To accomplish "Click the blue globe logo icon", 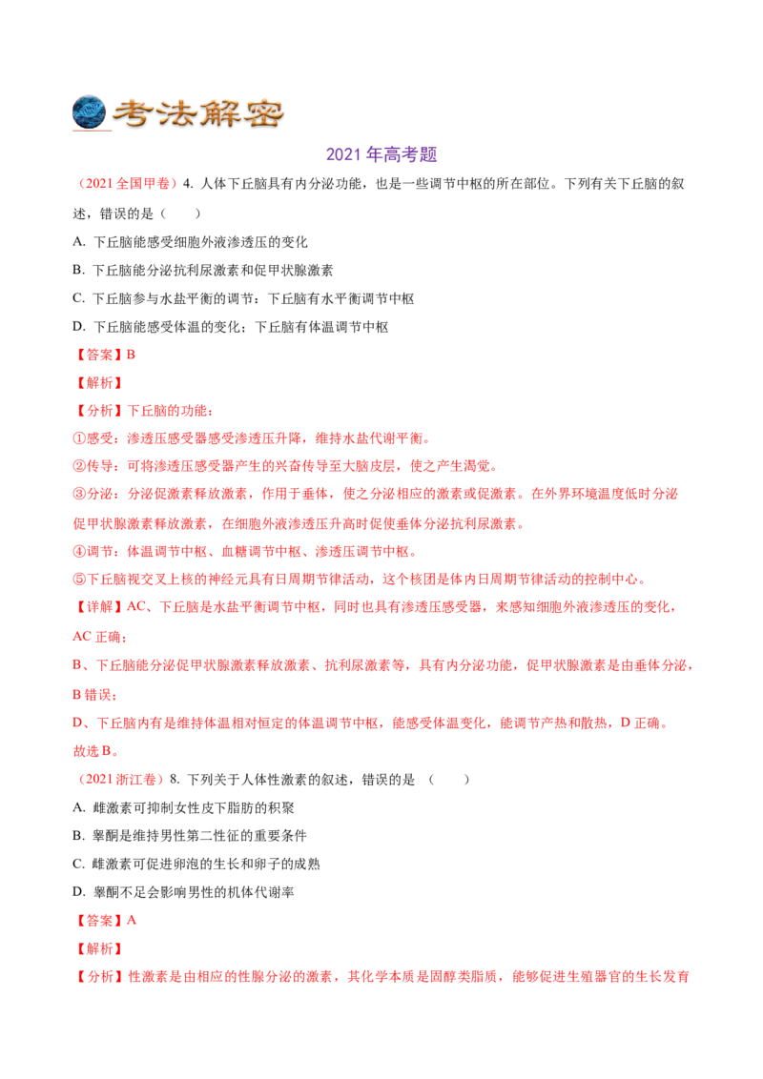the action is (89, 112).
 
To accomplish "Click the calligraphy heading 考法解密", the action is (198, 113).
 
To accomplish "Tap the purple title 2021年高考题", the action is (381, 154).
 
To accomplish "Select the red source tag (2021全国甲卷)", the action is (125, 184).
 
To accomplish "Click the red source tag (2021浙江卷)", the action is (118, 779).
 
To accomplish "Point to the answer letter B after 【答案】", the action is (131, 355).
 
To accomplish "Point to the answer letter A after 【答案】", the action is (132, 920).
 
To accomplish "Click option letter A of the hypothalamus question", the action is (78, 241).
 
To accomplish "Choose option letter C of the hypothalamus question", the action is (78, 298).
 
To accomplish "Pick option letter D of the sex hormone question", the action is (78, 892).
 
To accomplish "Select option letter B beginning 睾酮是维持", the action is (78, 835).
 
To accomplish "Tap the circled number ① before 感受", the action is (78, 438).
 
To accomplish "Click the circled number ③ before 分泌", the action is (78, 494).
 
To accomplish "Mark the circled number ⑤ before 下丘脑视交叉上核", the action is (78, 580).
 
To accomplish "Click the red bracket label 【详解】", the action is (99, 607).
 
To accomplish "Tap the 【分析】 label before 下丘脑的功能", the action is (99, 411).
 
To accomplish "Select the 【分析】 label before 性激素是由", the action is (100, 976).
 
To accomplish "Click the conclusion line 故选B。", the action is (95, 751).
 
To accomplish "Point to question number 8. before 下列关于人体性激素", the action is (175, 779).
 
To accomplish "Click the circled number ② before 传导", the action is (78, 466).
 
